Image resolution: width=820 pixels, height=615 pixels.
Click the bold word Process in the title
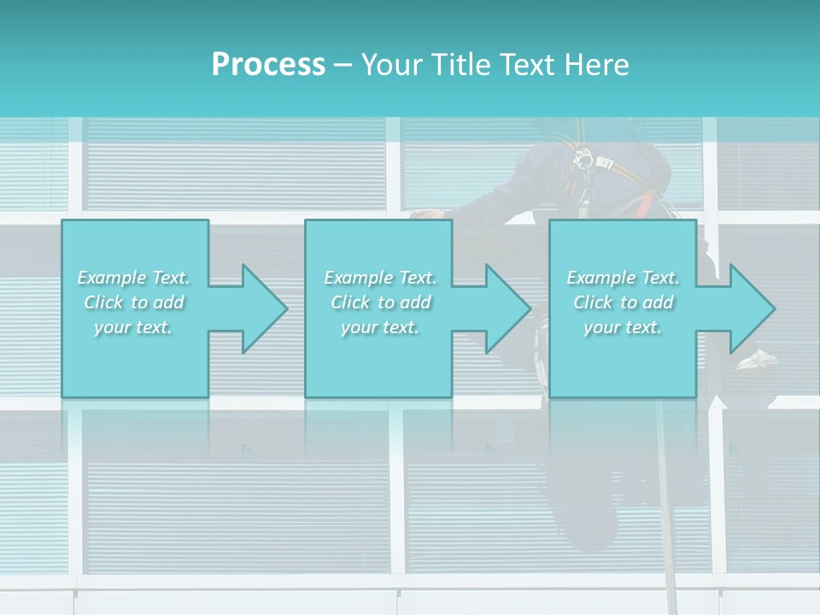(268, 65)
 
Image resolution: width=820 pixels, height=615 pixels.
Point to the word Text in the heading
(529, 65)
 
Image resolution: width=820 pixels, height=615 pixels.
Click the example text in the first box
(134, 302)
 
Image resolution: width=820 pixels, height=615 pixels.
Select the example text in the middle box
(380, 302)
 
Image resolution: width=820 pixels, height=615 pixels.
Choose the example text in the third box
(623, 302)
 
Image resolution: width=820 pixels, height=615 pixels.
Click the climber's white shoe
(757, 359)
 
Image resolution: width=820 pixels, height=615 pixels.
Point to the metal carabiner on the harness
(585, 159)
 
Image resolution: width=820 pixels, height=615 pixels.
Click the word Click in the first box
(103, 302)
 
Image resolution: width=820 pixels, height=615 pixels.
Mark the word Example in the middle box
(350, 278)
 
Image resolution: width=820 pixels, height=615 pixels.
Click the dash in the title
(343, 65)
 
